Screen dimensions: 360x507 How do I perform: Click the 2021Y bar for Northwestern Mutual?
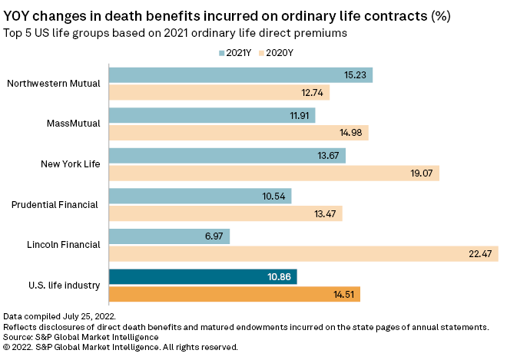pyautogui.click(x=240, y=74)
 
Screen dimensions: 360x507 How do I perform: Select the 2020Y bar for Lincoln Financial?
pyautogui.click(x=303, y=254)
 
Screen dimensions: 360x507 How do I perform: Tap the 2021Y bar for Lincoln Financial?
pyautogui.click(x=169, y=236)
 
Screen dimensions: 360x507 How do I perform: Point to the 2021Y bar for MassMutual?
pyautogui.click(x=212, y=115)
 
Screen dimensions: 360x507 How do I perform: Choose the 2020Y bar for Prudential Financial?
pyautogui.click(x=225, y=213)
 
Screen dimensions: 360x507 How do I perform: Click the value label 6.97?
pyautogui.click(x=212, y=236)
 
